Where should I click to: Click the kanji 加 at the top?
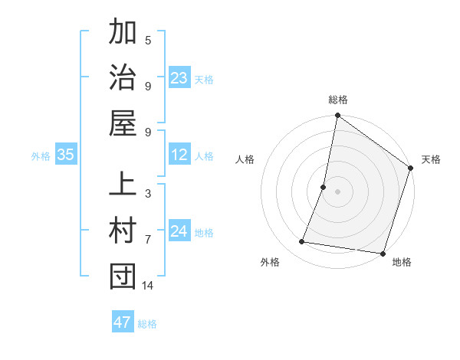pos(123,34)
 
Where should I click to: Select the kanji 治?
pos(123,80)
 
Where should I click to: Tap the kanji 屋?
pos(123,125)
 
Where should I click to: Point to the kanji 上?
pos(123,186)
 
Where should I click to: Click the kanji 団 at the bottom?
pos(123,277)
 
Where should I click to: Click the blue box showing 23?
pos(179,78)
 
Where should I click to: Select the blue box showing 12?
pos(179,155)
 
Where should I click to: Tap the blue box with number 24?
pos(179,231)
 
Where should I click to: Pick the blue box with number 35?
pos(66,155)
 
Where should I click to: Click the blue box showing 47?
pos(123,322)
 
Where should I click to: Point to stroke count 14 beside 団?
pos(148,286)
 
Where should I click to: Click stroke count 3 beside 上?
pos(148,194)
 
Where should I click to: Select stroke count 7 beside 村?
pos(148,240)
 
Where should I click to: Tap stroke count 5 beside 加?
pos(148,40)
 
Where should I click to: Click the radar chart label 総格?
pos(338,100)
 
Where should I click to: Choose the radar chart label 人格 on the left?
pos(245,159)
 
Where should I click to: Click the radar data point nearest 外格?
pos(302,242)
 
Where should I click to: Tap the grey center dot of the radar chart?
pos(338,191)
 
